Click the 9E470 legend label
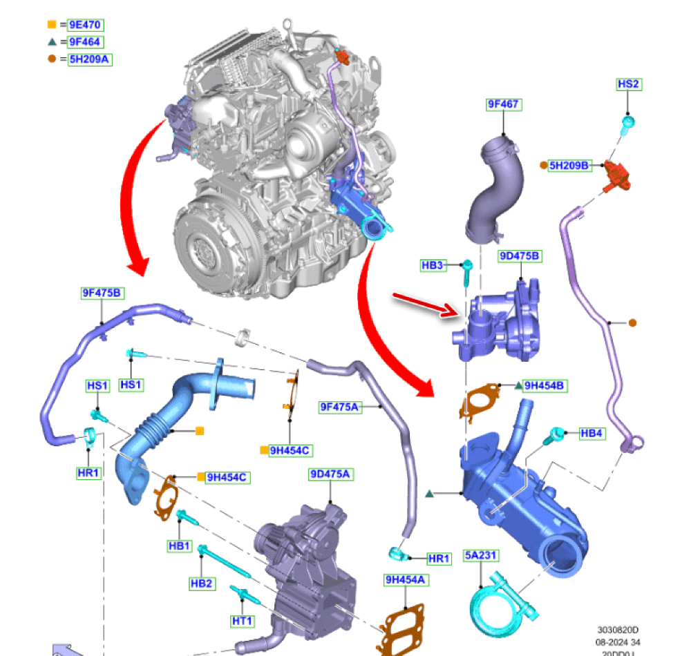pyautogui.click(x=86, y=26)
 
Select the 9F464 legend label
pyautogui.click(x=86, y=42)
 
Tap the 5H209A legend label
pyautogui.click(x=90, y=59)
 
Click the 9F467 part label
pyautogui.click(x=503, y=105)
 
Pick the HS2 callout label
pyautogui.click(x=628, y=84)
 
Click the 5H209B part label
pyautogui.click(x=570, y=166)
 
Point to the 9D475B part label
pyautogui.click(x=520, y=256)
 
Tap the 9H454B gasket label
pyautogui.click(x=545, y=386)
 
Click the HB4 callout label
pyautogui.click(x=591, y=434)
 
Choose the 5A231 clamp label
pyautogui.click(x=482, y=555)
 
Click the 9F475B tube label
pyautogui.click(x=102, y=293)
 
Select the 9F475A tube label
pyautogui.click(x=340, y=407)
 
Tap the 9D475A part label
pyautogui.click(x=331, y=474)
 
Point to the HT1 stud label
pyautogui.click(x=242, y=621)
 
